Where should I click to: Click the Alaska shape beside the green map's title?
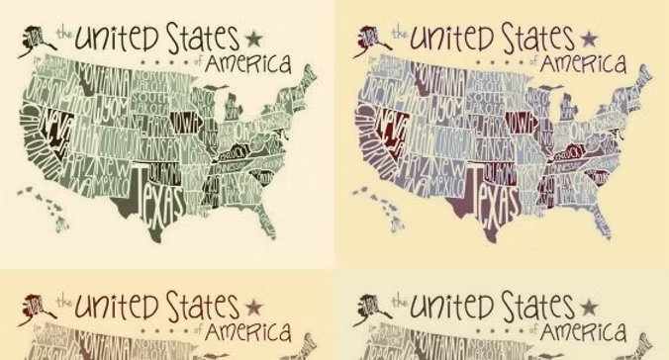tap(38, 41)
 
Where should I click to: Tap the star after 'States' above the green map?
tap(254, 39)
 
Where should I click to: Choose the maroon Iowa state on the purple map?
tap(522, 120)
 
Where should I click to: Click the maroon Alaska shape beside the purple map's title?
tap(373, 41)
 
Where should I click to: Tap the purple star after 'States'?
tap(590, 39)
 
